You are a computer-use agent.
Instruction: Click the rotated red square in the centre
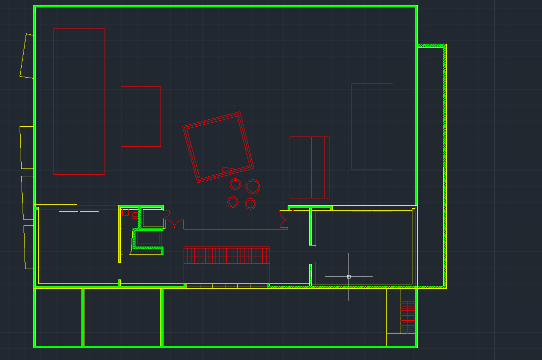pyautogui.click(x=218, y=147)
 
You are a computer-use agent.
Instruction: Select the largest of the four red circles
pyautogui.click(x=253, y=186)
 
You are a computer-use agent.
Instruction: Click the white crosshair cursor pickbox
pyautogui.click(x=349, y=277)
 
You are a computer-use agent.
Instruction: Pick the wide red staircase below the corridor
pyautogui.click(x=226, y=255)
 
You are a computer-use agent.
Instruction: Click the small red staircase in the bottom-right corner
pyautogui.click(x=408, y=317)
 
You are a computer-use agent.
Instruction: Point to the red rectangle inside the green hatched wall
pyautogui.click(x=148, y=239)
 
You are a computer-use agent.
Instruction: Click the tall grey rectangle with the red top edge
pyautogui.click(x=79, y=101)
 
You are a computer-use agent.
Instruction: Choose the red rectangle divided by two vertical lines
pyautogui.click(x=309, y=167)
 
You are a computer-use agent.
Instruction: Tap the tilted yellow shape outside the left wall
pyautogui.click(x=27, y=55)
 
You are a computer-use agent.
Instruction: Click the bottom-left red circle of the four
pyautogui.click(x=233, y=201)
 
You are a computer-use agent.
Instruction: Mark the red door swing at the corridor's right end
pyautogui.click(x=283, y=219)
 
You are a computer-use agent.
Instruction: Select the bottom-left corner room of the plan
pyautogui.click(x=58, y=317)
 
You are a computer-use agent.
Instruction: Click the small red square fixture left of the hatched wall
pyautogui.click(x=125, y=213)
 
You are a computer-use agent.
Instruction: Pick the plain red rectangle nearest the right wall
pyautogui.click(x=372, y=126)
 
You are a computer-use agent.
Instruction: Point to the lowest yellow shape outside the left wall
pyautogui.click(x=28, y=247)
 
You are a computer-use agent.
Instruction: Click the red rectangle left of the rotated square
pyautogui.click(x=140, y=116)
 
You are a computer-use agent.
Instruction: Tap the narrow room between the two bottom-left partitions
pyautogui.click(x=122, y=317)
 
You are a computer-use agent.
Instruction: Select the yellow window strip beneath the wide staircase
pyautogui.click(x=227, y=286)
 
